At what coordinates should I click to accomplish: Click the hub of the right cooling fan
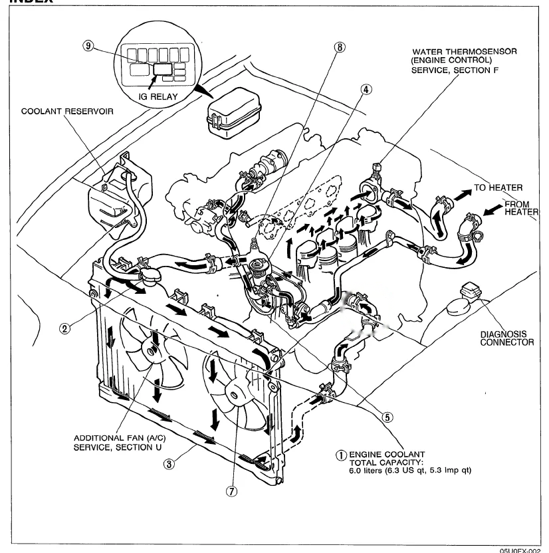click(x=235, y=391)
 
